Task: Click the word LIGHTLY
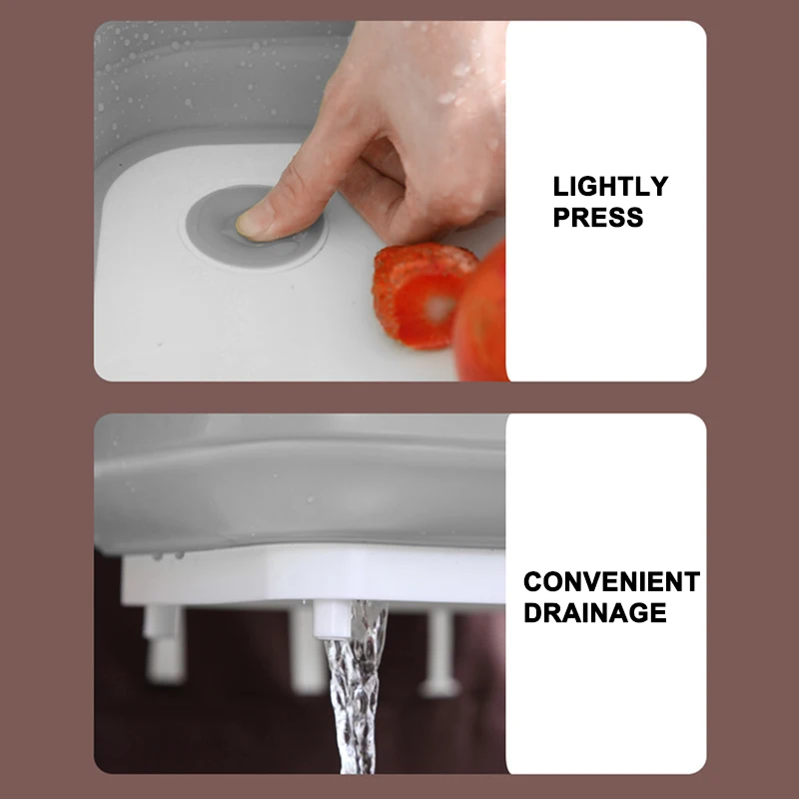610,187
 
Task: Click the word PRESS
597,218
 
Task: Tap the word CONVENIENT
611,582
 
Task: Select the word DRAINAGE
594,612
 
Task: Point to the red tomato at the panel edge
482,315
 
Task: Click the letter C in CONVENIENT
533,582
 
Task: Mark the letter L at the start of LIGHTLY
559,187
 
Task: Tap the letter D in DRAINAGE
533,612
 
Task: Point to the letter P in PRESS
561,218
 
